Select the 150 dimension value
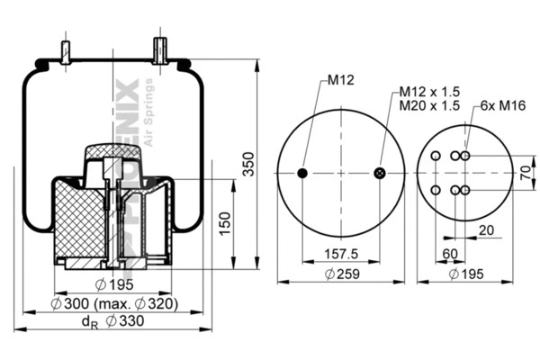(x=226, y=220)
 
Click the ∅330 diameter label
(x=124, y=321)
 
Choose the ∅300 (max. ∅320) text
(x=114, y=303)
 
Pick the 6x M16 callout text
(x=502, y=105)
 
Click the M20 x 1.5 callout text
(x=430, y=105)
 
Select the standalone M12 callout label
(x=339, y=80)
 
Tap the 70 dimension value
(x=525, y=172)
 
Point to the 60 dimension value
(x=449, y=255)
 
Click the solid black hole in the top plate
(x=302, y=173)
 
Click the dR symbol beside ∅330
(x=88, y=322)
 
